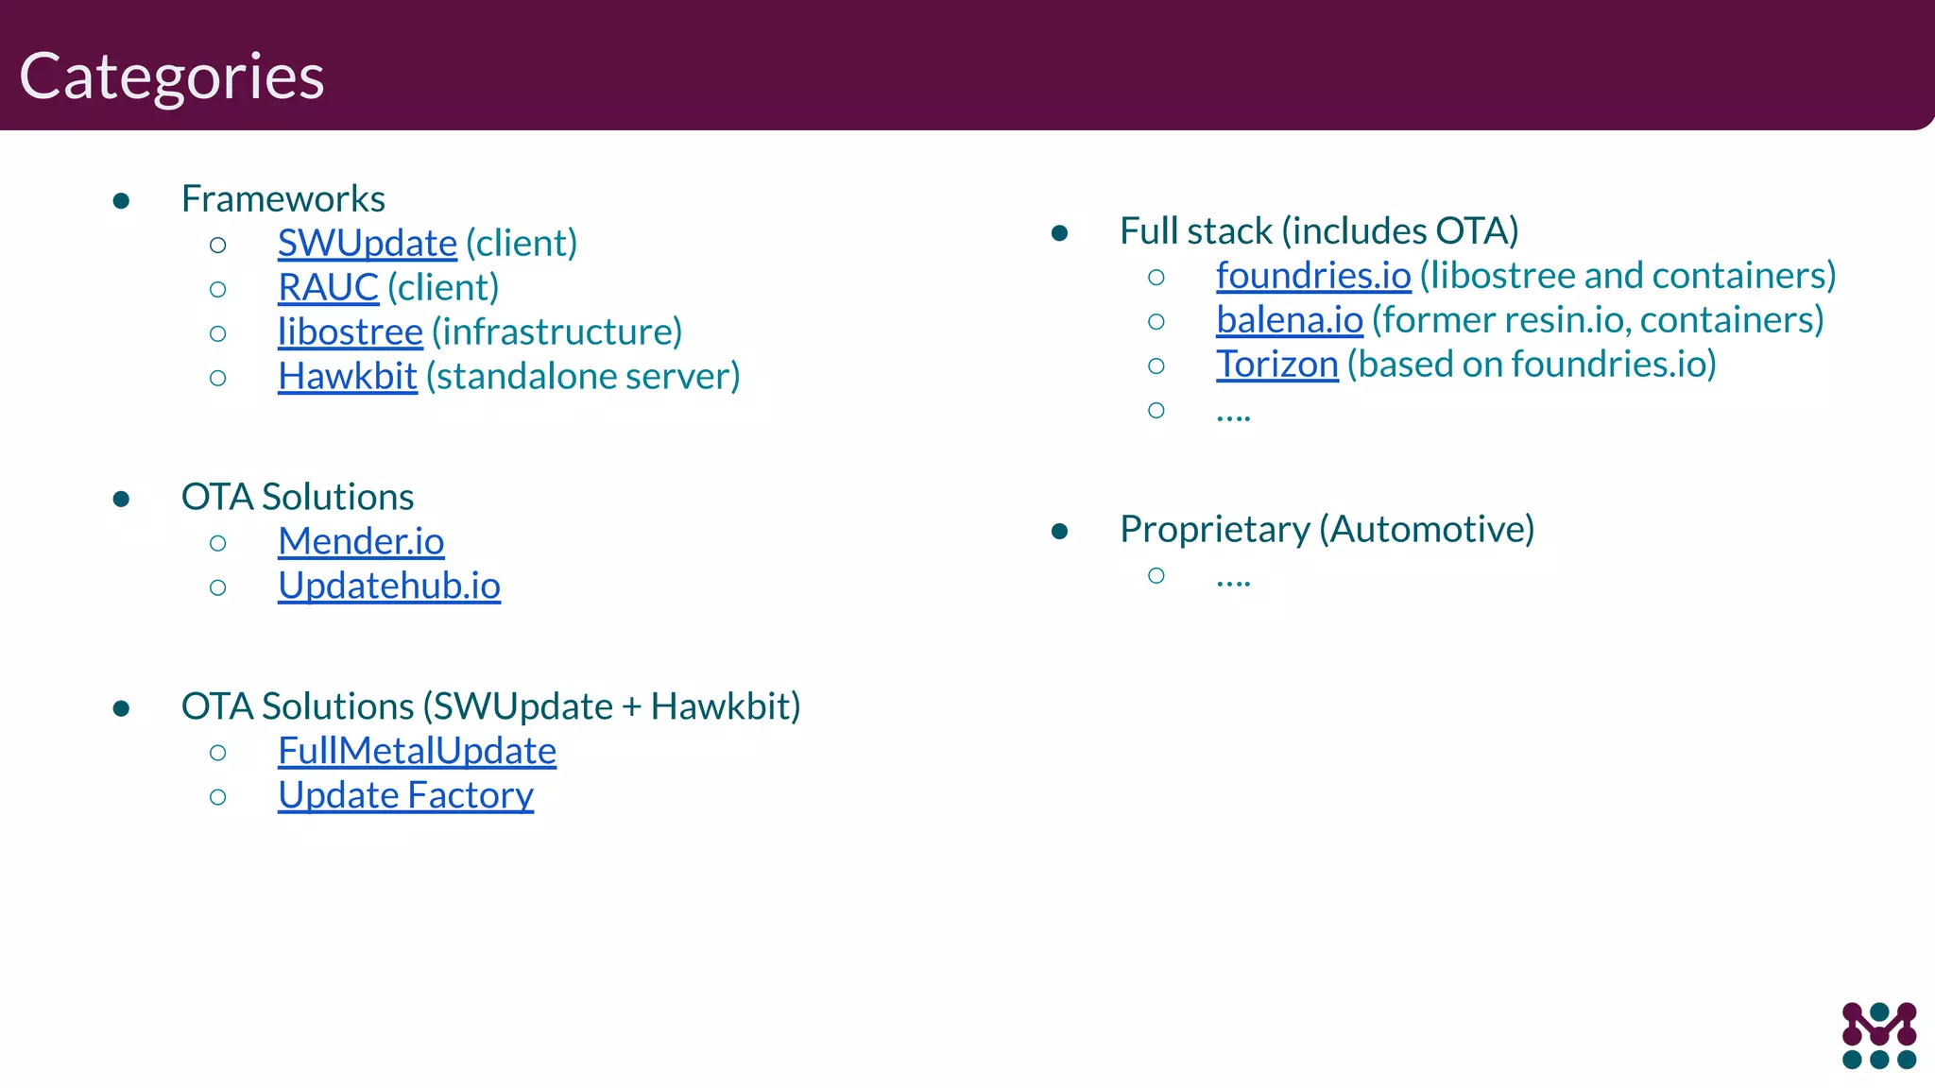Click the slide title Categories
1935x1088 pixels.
(x=171, y=76)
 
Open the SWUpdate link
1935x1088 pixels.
(x=367, y=244)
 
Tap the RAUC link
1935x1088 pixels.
(x=328, y=288)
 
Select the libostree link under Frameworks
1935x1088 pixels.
(x=350, y=332)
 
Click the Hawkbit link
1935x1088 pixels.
(x=347, y=377)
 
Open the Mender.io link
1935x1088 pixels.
(x=360, y=542)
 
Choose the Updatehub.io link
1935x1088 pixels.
(x=388, y=586)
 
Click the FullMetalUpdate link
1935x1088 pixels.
(x=417, y=752)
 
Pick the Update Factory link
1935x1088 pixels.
(x=405, y=796)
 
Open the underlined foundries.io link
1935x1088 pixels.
(x=1312, y=276)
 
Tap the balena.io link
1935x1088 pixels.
(x=1289, y=320)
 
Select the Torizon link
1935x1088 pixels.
(x=1276, y=365)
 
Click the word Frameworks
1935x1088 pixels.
(x=283, y=199)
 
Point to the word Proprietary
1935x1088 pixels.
(x=1214, y=530)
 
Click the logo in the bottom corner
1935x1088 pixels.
(x=1878, y=1035)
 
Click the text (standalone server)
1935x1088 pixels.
(x=582, y=377)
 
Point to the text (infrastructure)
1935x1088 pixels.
(x=557, y=332)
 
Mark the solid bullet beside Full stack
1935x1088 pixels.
(x=1059, y=233)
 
